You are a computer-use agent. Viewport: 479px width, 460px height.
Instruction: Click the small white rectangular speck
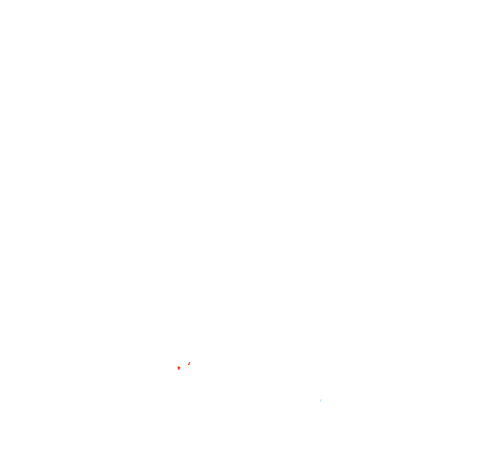tap(176, 370)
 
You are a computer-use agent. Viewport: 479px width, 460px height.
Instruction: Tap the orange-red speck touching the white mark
tap(178, 368)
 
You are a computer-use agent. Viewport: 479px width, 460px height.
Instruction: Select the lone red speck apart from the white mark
tap(189, 364)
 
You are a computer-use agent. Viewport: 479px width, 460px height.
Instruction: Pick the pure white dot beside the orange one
tap(176, 370)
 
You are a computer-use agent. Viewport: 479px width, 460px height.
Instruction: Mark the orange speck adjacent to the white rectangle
tap(178, 368)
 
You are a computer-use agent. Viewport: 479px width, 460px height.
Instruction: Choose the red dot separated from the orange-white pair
tap(189, 364)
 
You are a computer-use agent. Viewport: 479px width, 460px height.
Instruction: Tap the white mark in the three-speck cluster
tap(176, 370)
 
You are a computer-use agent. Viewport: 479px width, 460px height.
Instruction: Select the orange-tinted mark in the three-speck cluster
tap(178, 368)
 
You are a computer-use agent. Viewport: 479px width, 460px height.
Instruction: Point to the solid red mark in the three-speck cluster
tap(189, 364)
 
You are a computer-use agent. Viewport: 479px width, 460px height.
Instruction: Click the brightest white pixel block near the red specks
tap(176, 370)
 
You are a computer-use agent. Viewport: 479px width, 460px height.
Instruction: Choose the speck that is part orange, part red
tap(178, 368)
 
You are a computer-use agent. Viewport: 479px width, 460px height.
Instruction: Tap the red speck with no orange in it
tap(189, 364)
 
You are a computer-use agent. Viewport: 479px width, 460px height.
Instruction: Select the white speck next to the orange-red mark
tap(176, 370)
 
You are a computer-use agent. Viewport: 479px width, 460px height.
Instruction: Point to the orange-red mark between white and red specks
tap(178, 368)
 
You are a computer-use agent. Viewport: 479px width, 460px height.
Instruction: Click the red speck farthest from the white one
tap(189, 364)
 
